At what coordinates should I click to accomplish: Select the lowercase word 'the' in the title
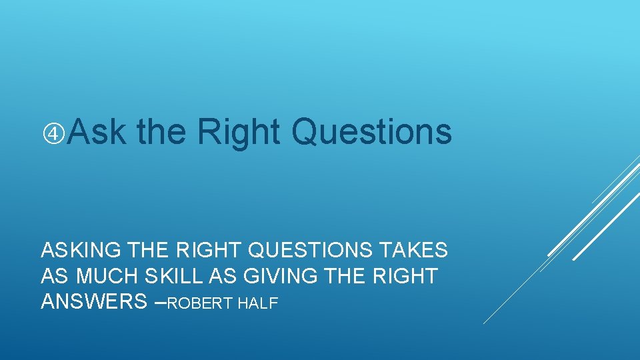161,131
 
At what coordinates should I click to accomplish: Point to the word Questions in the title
371,131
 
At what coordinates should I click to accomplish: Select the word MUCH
105,276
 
